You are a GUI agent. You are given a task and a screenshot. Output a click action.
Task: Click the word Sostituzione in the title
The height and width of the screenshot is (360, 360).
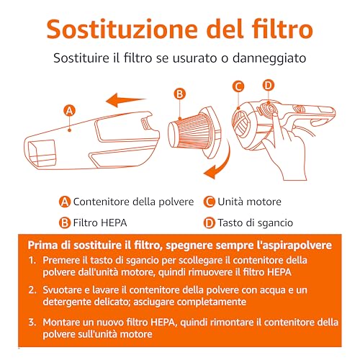tap(122, 29)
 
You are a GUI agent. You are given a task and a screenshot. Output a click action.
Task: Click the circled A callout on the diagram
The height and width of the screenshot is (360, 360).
tap(69, 111)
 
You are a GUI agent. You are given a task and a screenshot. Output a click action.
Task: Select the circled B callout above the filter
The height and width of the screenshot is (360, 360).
tap(179, 94)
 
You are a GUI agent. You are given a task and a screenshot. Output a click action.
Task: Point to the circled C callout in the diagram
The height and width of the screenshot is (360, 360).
tap(238, 86)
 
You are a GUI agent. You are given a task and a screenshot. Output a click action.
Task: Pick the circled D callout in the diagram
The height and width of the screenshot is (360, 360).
tap(269, 85)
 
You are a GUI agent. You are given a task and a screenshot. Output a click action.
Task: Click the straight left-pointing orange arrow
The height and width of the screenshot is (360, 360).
tap(125, 99)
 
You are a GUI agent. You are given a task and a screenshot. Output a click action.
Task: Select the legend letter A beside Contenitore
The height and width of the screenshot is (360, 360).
tap(65, 202)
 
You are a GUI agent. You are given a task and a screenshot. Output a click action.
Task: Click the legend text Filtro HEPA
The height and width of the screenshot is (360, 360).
tap(100, 222)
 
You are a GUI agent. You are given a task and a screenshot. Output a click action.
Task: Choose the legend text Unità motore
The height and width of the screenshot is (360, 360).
tap(249, 202)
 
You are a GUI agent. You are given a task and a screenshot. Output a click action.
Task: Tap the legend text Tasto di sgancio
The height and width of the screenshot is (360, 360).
tap(256, 223)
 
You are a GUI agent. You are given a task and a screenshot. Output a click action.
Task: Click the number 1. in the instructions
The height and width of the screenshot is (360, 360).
tap(32, 260)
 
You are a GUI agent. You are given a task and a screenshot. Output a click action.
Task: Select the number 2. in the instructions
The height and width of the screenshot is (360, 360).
tap(32, 290)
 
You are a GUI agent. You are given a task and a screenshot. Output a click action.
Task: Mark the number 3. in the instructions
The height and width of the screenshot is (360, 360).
tap(32, 322)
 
